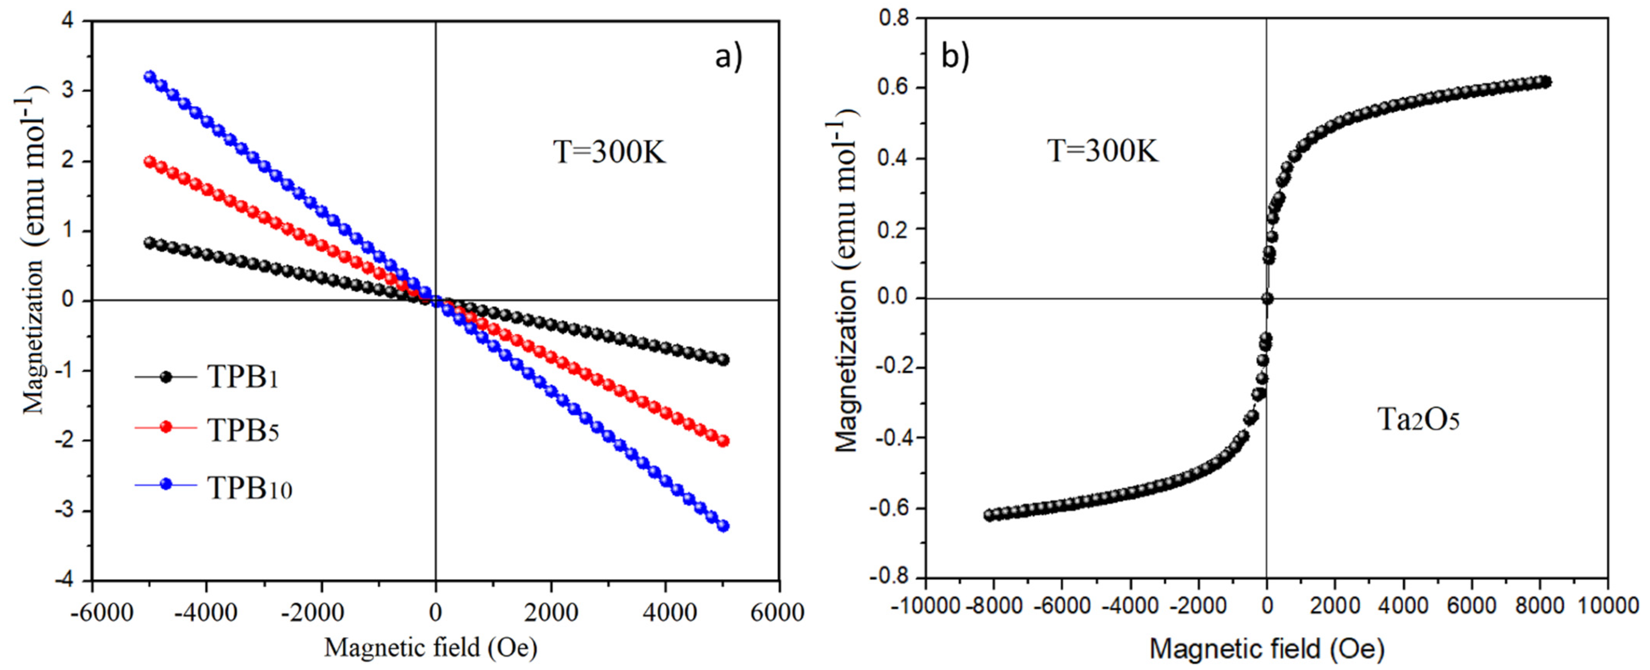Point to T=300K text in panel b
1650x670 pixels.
tap(1102, 152)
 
